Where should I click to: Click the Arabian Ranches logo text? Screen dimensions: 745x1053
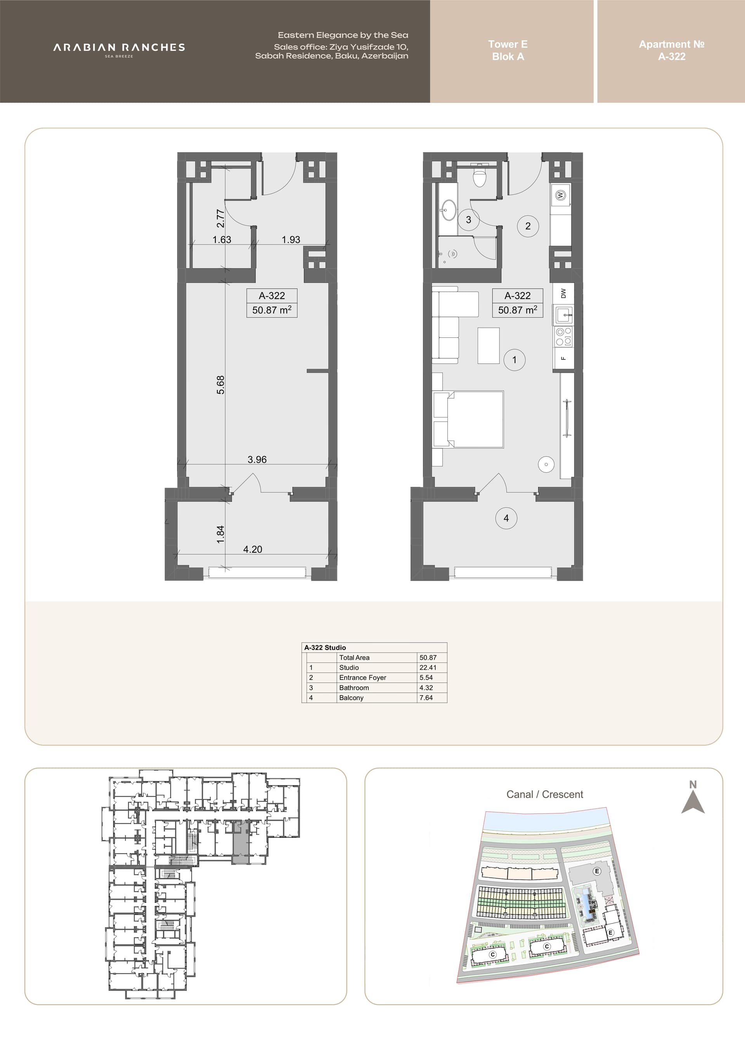point(119,47)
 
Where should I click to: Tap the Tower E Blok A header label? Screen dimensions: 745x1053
point(508,50)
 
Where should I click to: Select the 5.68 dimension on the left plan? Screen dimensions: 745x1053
point(221,385)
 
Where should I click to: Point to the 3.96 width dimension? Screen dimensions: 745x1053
point(257,460)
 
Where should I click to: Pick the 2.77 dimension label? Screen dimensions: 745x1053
point(221,218)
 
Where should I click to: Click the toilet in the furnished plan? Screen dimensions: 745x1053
point(479,176)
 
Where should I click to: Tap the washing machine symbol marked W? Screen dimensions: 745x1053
point(560,195)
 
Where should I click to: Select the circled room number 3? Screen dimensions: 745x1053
point(468,220)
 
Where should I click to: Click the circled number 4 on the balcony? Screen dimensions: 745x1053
point(506,518)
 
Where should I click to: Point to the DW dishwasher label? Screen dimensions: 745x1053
point(563,293)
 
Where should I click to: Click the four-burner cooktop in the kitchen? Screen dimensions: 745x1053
point(564,337)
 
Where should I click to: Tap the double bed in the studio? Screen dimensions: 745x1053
point(468,419)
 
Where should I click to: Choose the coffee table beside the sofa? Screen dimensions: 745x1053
point(489,345)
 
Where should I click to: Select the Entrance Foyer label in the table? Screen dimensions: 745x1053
point(363,678)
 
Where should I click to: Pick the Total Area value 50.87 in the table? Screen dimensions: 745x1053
point(428,658)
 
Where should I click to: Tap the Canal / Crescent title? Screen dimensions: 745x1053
point(544,794)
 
